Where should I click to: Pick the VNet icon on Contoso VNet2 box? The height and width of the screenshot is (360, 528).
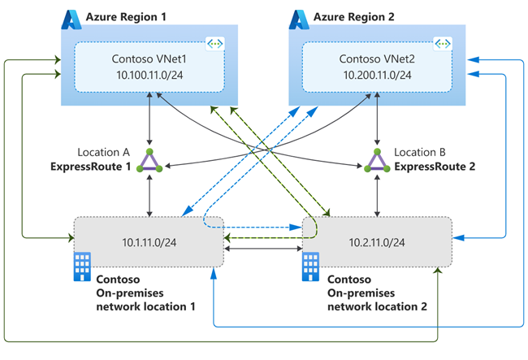443,43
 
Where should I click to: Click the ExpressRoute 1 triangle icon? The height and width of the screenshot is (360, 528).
149,161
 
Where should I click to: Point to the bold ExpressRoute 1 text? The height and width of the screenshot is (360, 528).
97,167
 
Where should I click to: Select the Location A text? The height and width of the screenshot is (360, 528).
105,153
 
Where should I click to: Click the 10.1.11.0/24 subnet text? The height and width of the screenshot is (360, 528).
148,241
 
